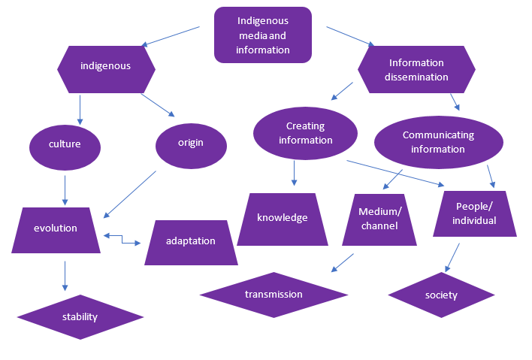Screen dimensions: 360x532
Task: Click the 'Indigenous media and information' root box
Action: pyautogui.click(x=262, y=35)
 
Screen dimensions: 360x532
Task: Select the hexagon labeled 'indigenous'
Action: pyautogui.click(x=106, y=66)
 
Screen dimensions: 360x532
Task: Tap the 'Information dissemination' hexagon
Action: pyautogui.click(x=416, y=70)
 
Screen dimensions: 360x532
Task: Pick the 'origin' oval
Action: pyautogui.click(x=191, y=143)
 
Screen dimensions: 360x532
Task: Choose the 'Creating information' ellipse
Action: pyautogui.click(x=304, y=133)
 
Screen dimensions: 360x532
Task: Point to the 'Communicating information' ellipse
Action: pyautogui.click(x=438, y=142)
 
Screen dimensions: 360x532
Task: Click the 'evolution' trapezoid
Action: pyautogui.click(x=56, y=229)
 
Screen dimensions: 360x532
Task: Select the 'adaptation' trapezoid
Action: pyautogui.click(x=190, y=242)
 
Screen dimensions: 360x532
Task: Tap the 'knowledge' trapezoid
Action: pyautogui.click(x=283, y=219)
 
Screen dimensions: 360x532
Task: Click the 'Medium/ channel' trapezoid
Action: pyautogui.click(x=379, y=219)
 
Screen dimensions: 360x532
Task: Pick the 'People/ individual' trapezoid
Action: pyautogui.click(x=475, y=214)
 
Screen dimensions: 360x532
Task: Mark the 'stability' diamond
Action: pyautogui.click(x=80, y=316)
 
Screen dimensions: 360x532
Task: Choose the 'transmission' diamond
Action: pyautogui.click(x=274, y=295)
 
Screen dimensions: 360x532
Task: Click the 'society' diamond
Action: pyautogui.click(x=440, y=295)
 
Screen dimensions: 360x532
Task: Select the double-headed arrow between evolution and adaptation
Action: pyautogui.click(x=122, y=239)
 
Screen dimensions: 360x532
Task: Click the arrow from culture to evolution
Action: pyautogui.click(x=65, y=189)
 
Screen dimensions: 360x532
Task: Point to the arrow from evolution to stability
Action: pyautogui.click(x=65, y=276)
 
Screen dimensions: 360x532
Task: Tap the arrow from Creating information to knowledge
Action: pyautogui.click(x=294, y=172)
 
